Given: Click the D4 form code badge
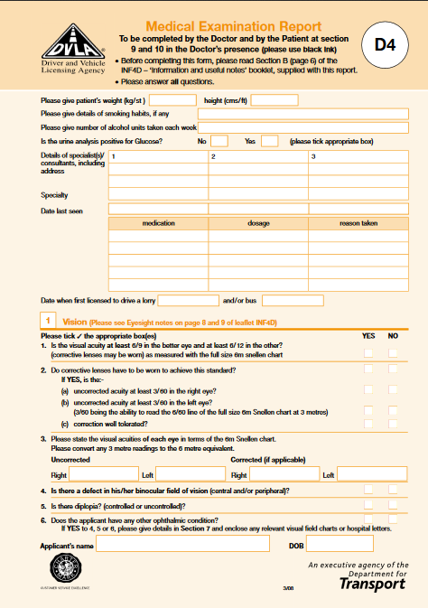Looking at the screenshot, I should [385, 42].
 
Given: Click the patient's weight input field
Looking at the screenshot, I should [172, 100].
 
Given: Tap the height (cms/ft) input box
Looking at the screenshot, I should [267, 100].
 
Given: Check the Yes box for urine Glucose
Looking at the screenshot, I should [269, 141].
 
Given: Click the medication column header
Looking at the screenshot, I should [159, 222].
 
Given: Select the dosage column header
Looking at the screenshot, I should [258, 222].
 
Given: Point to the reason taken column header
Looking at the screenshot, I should [358, 222].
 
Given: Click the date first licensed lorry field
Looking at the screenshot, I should [188, 300].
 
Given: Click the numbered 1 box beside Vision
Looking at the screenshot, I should [50, 321].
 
